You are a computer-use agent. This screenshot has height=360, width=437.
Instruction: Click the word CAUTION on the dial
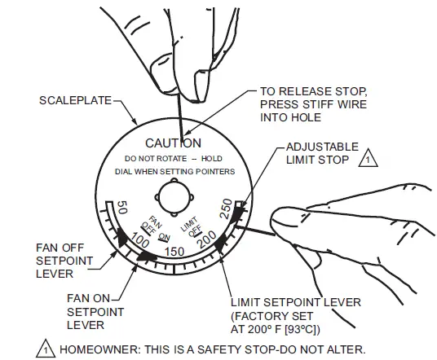tap(173, 143)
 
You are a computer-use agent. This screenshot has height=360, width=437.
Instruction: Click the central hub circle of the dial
tap(174, 197)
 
